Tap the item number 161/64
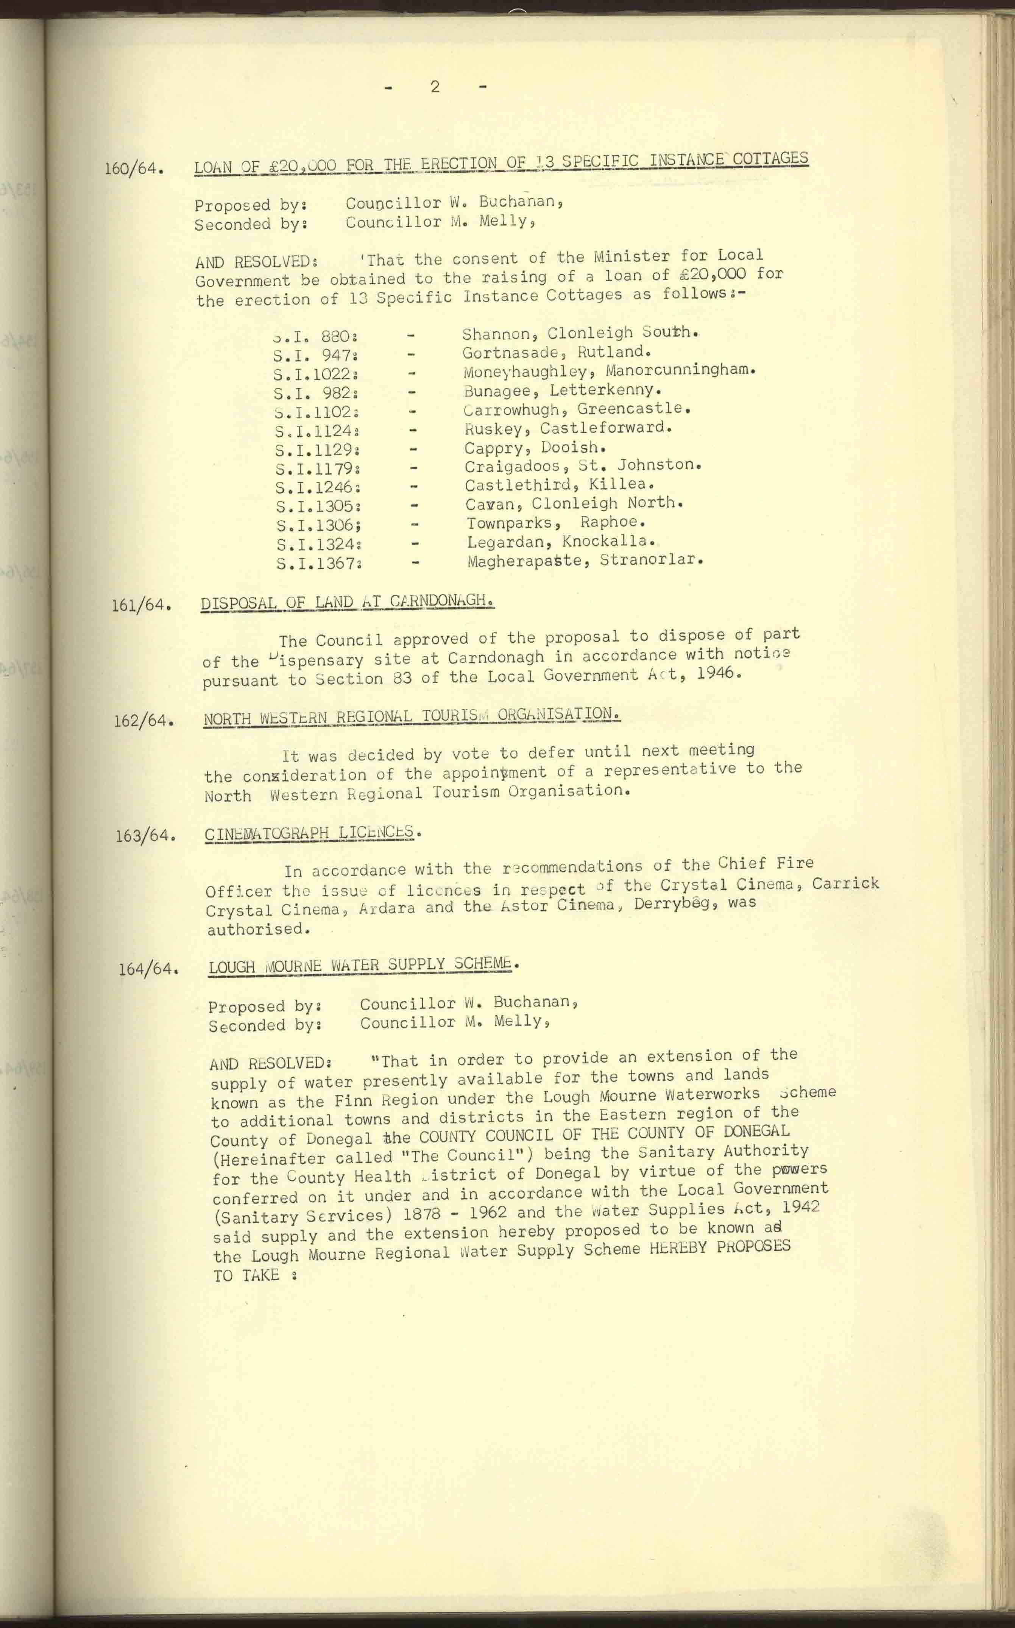click(141, 604)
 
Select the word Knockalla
click(608, 540)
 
